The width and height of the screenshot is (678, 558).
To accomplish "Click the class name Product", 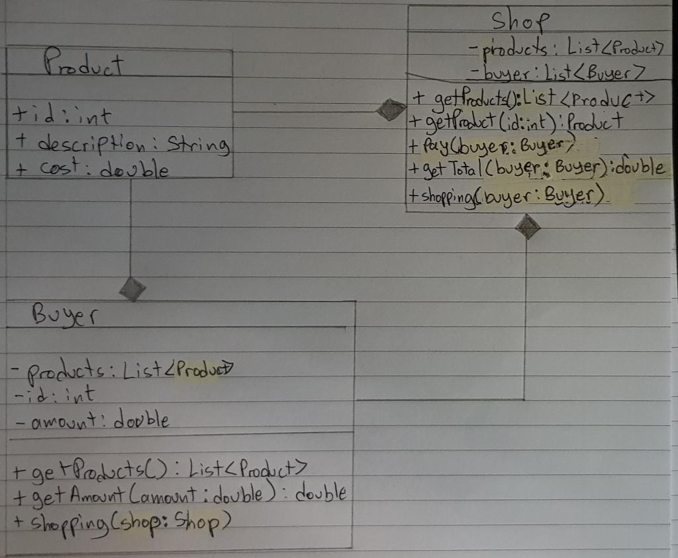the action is click(x=83, y=65).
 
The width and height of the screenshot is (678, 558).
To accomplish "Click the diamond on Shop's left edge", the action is click(x=391, y=110).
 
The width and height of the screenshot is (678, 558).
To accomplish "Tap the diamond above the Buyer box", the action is click(x=132, y=288).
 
